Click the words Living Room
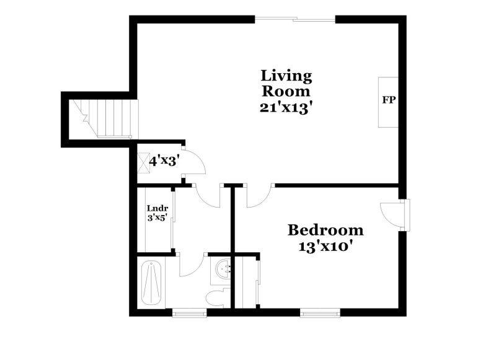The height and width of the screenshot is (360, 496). [286, 84]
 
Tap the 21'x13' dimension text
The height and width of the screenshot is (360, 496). [286, 107]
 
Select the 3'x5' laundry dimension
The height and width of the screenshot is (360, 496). [157, 218]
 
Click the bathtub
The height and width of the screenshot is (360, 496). [152, 283]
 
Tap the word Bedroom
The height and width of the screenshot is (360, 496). [325, 230]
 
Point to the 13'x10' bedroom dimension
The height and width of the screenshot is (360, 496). [325, 246]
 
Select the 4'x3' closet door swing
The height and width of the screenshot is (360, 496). [195, 164]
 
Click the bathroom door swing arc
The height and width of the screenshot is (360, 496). [191, 265]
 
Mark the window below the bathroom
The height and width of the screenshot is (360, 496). [190, 312]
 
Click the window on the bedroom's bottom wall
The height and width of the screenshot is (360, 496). [320, 312]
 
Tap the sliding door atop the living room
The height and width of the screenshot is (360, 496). [296, 19]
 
